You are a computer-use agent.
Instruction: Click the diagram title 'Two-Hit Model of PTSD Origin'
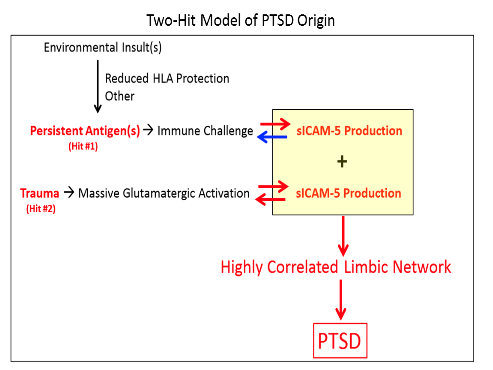(x=240, y=21)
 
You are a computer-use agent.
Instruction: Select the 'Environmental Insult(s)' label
(x=102, y=47)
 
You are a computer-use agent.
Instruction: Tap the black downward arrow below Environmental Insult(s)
(x=98, y=87)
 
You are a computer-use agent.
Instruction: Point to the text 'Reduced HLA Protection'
(x=167, y=79)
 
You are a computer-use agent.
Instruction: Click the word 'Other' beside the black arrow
(x=120, y=96)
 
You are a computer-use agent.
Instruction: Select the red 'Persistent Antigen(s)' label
(x=85, y=131)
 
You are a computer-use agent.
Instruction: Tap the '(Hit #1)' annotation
(x=83, y=146)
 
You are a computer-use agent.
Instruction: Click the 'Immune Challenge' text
(x=205, y=131)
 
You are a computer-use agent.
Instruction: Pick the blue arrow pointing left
(x=272, y=137)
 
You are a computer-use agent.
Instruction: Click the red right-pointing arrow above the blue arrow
(x=275, y=124)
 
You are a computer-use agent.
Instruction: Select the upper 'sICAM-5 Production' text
(x=349, y=131)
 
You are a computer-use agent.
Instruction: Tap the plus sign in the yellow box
(x=342, y=162)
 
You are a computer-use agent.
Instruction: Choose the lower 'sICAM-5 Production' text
(x=349, y=193)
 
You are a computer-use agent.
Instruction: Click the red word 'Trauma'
(x=40, y=193)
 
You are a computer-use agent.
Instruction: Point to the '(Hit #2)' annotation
(x=41, y=209)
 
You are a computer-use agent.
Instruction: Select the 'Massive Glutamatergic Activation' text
(x=164, y=193)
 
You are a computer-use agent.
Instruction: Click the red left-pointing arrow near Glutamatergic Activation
(x=270, y=199)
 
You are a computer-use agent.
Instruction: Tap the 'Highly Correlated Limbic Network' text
(x=336, y=267)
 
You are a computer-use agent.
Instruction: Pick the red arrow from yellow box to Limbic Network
(x=343, y=236)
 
